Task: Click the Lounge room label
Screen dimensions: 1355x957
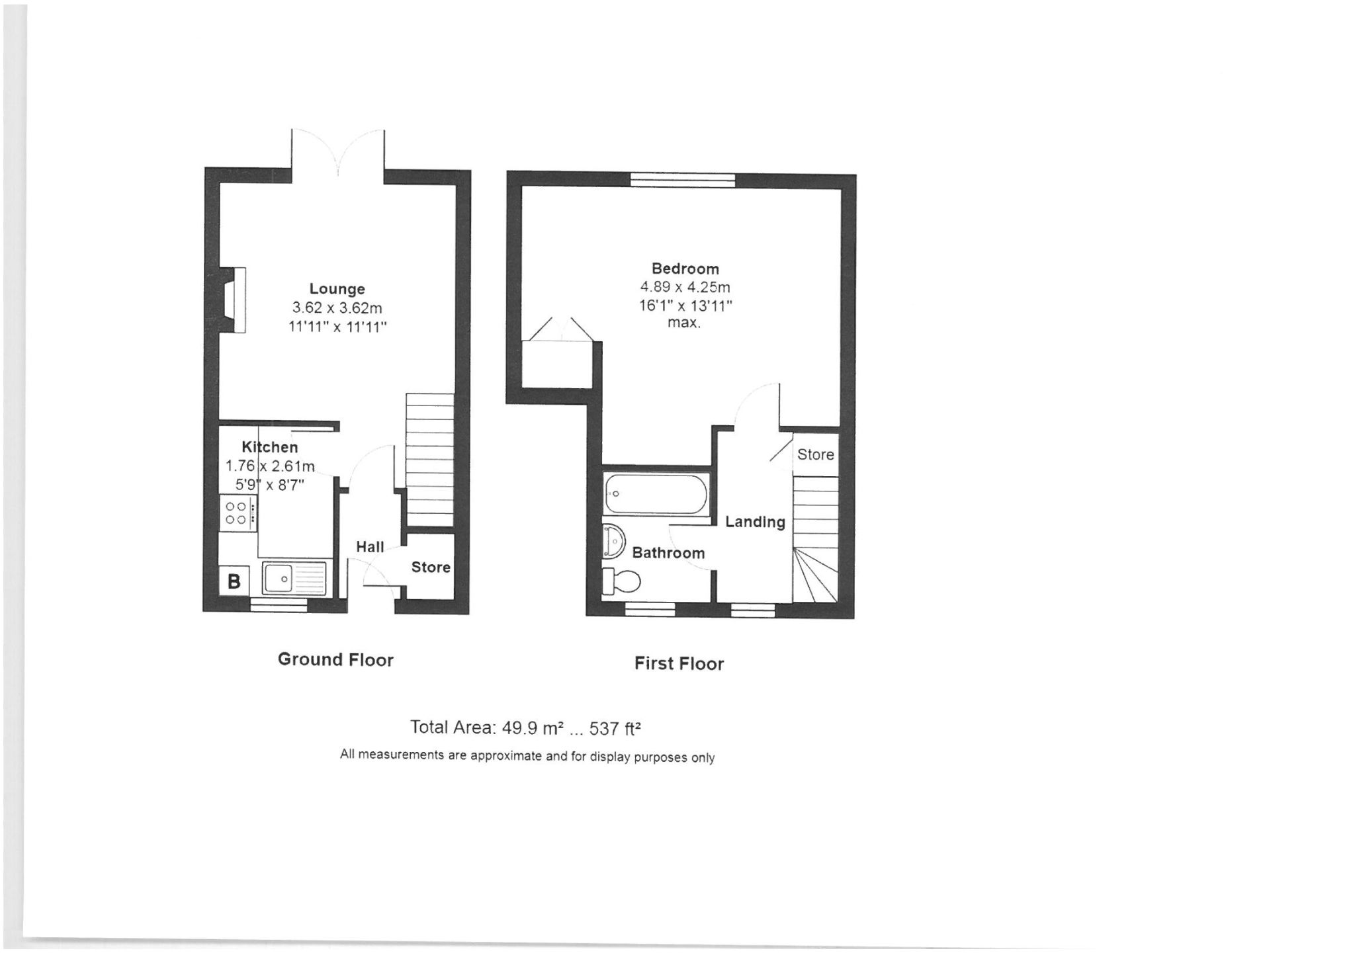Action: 337,289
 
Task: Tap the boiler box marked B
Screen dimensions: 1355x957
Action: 234,581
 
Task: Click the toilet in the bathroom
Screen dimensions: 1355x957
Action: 621,581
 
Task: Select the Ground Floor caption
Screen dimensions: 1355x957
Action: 335,659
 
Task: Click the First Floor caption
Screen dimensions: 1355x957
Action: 679,663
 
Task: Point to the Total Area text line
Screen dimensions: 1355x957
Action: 525,728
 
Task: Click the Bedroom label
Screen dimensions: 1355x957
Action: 685,269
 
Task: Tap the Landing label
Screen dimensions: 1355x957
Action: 755,522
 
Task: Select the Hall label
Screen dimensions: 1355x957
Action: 370,547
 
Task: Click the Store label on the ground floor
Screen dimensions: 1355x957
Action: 431,567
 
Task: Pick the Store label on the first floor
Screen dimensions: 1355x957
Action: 815,454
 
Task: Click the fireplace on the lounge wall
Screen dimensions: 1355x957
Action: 233,300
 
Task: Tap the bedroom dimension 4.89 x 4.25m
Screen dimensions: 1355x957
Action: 685,287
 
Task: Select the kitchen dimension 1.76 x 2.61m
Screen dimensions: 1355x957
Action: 270,466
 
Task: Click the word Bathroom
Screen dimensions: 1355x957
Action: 668,553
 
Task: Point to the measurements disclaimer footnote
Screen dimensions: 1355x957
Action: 527,755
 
